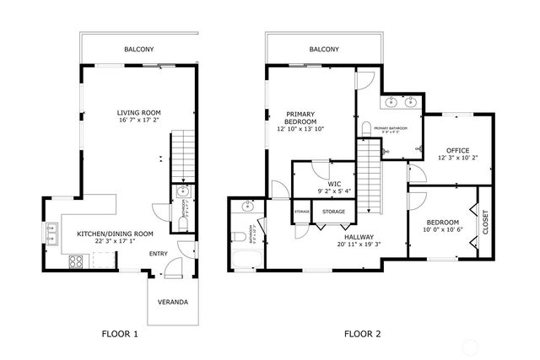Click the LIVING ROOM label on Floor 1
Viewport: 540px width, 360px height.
(138, 112)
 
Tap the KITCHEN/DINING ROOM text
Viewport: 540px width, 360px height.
(115, 234)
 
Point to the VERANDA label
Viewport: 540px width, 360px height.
(173, 302)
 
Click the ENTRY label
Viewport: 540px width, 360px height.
(159, 253)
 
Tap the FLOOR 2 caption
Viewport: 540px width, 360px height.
(362, 334)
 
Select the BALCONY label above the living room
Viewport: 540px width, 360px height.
(138, 50)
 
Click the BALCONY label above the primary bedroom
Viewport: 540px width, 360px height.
(324, 50)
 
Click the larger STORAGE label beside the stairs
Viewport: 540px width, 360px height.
(332, 212)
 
